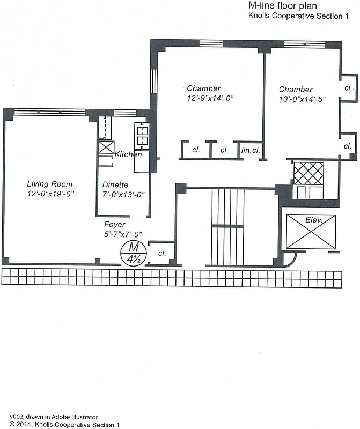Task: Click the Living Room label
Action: click(x=50, y=184)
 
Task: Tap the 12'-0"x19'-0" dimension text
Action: click(x=50, y=193)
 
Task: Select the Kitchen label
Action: click(x=128, y=154)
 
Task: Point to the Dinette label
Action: click(x=115, y=184)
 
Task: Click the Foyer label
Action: click(x=115, y=225)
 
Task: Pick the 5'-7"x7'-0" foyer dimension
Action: click(x=126, y=234)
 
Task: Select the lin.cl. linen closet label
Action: click(x=251, y=150)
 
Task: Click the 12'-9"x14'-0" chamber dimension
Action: click(x=203, y=98)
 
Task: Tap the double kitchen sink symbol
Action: click(x=142, y=135)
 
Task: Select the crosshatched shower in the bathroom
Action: click(x=307, y=173)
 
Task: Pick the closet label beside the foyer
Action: click(x=161, y=253)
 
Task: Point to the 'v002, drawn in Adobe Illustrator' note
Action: click(x=54, y=416)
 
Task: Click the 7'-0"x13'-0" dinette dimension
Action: click(x=124, y=194)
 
